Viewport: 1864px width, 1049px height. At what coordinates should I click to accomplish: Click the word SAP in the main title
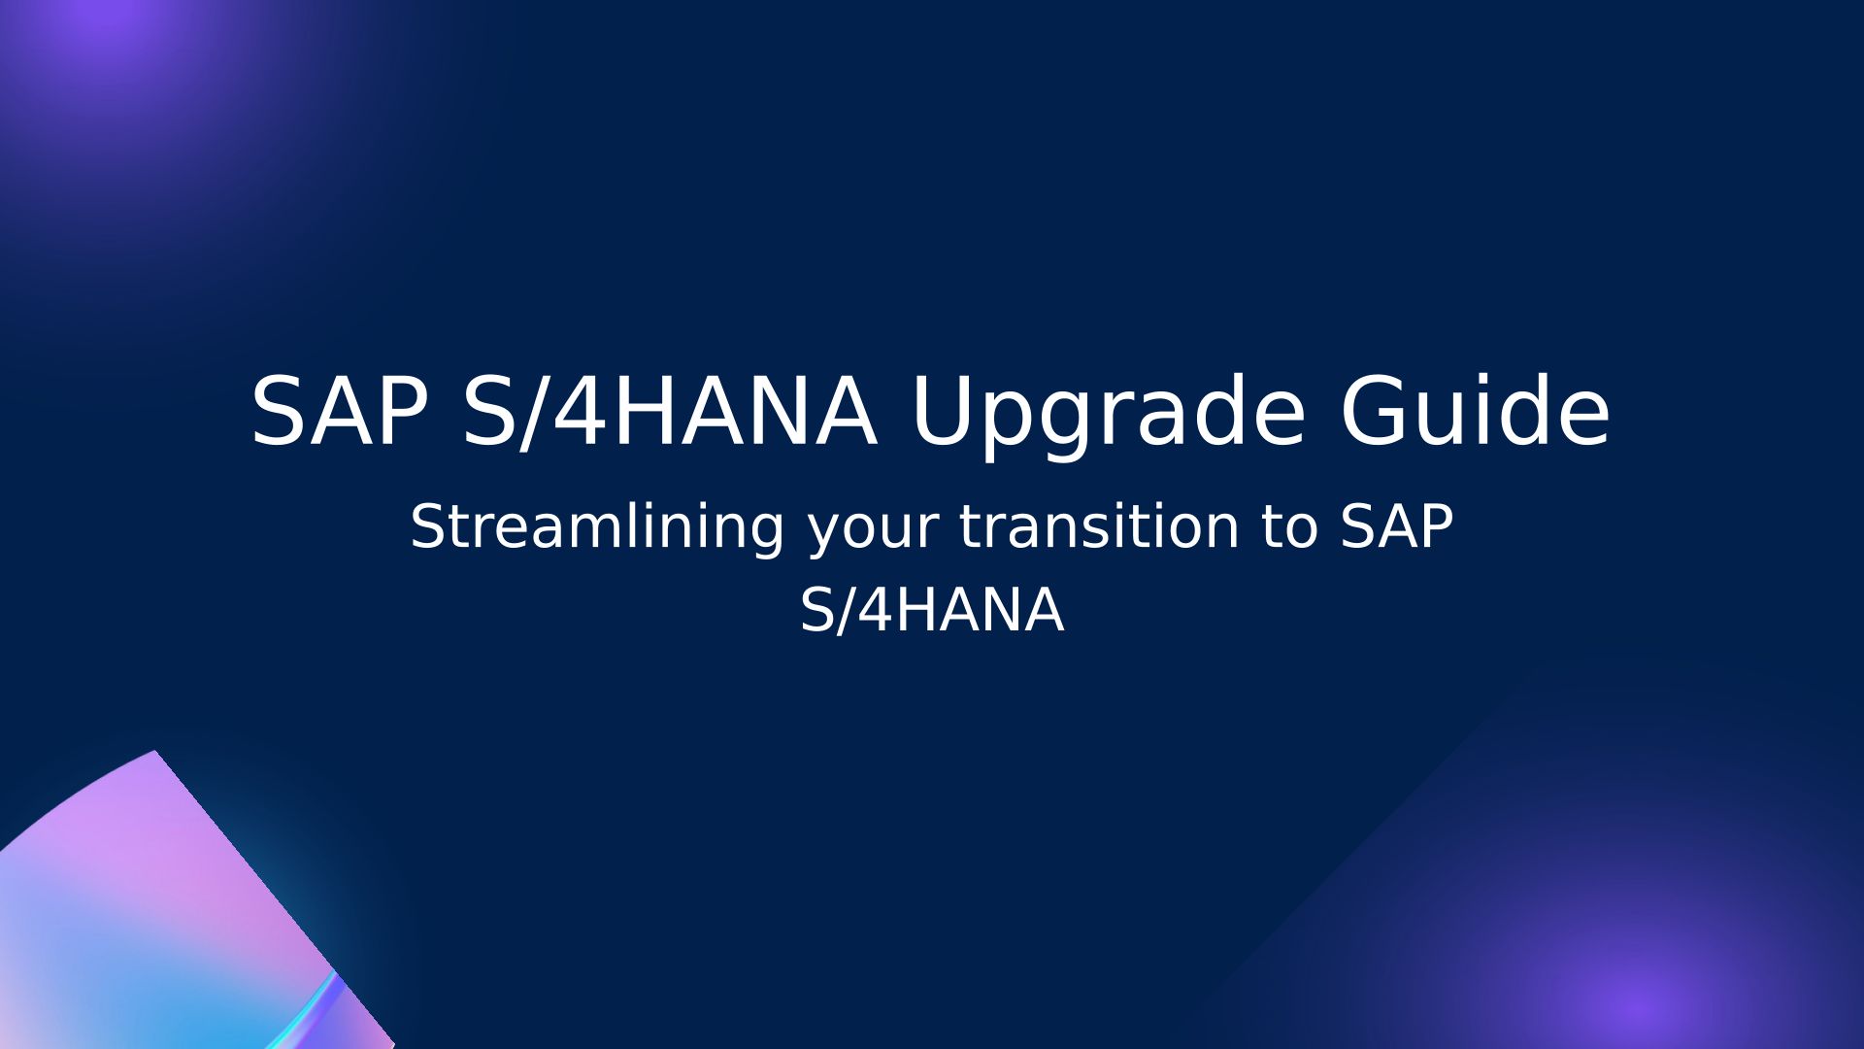(340, 411)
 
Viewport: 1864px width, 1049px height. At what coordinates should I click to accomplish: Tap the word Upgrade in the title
(1108, 416)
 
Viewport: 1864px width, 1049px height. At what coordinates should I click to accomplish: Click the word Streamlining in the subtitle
(597, 526)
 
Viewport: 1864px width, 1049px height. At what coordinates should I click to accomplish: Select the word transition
(1099, 526)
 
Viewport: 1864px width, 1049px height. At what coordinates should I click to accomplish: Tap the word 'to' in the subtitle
(1289, 528)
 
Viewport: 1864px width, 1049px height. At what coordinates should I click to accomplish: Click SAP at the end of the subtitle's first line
(1397, 526)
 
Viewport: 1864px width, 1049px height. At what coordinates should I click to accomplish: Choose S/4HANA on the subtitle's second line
(932, 611)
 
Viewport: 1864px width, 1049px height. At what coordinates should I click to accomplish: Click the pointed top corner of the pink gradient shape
(155, 751)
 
